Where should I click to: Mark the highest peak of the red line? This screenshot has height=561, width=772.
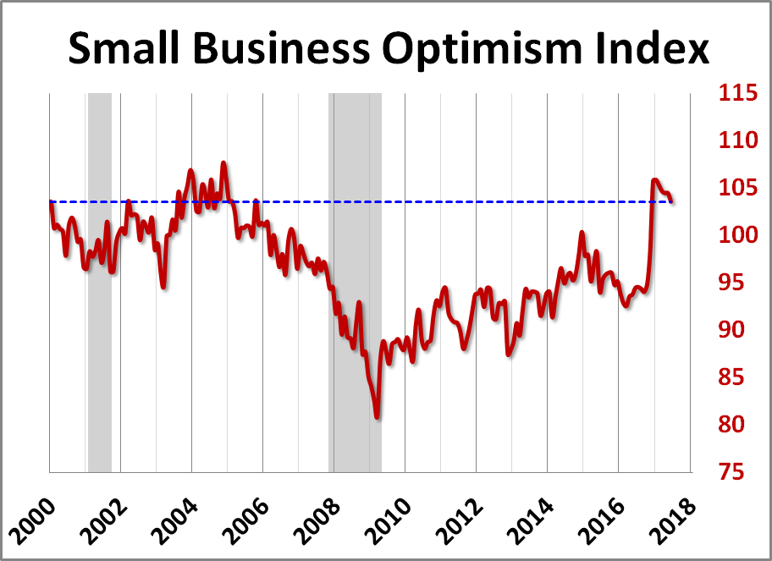tap(223, 162)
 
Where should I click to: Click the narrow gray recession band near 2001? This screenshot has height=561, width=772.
tap(100, 279)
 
